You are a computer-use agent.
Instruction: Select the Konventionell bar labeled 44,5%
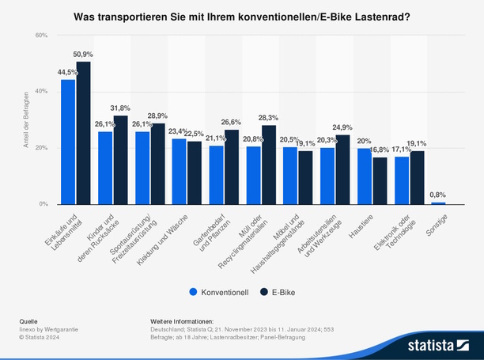pos(68,142)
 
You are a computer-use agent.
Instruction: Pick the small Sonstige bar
pos(438,203)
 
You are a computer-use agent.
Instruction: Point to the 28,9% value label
pos(158,116)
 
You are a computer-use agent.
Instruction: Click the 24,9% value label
pos(343,127)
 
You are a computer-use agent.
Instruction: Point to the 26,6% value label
pos(232,123)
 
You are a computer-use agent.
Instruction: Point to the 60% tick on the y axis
pos(41,36)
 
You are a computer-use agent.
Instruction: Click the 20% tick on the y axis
pos(41,148)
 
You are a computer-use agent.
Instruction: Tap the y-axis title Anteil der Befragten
pos(25,119)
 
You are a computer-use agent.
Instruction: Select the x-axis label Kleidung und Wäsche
pos(168,233)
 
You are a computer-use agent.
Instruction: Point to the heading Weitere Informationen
pos(181,321)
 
